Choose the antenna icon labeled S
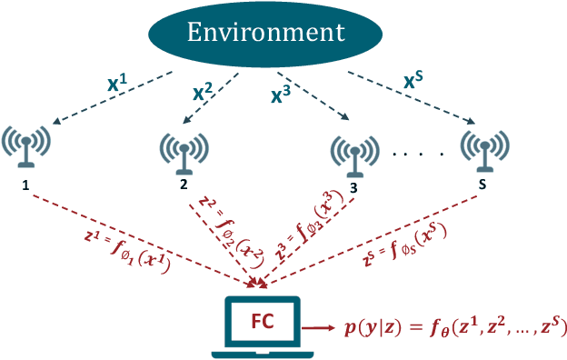coord(482,148)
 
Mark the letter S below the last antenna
coord(482,185)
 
